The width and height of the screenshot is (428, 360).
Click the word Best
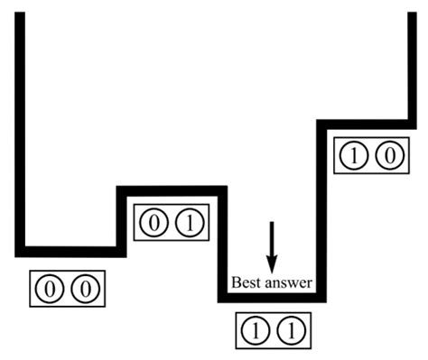click(x=247, y=282)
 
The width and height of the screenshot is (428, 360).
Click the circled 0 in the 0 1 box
click(x=154, y=222)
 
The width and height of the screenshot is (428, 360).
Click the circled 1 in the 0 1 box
click(x=188, y=222)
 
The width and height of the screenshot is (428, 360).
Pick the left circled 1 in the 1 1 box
click(x=256, y=330)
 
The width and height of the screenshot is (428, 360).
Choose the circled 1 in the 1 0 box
click(x=353, y=156)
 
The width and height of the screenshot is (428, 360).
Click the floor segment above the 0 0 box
click(x=68, y=251)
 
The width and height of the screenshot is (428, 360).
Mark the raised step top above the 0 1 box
click(x=171, y=189)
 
